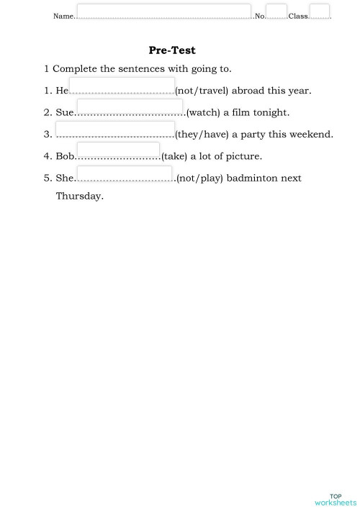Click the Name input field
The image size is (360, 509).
point(163,12)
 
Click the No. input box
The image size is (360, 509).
point(276,12)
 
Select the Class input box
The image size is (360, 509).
point(319,12)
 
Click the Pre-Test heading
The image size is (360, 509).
point(172,50)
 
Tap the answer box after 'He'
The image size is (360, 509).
point(122,86)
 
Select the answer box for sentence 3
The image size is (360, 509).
point(115,130)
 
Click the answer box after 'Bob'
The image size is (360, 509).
point(118,152)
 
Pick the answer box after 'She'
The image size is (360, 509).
point(125,174)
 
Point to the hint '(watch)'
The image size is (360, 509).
point(203,113)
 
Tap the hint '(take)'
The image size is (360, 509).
point(174,156)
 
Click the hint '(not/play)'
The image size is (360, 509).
point(199,179)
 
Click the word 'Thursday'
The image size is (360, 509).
point(79,196)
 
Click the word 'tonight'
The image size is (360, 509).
point(271,113)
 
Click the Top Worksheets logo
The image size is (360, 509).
point(336,499)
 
